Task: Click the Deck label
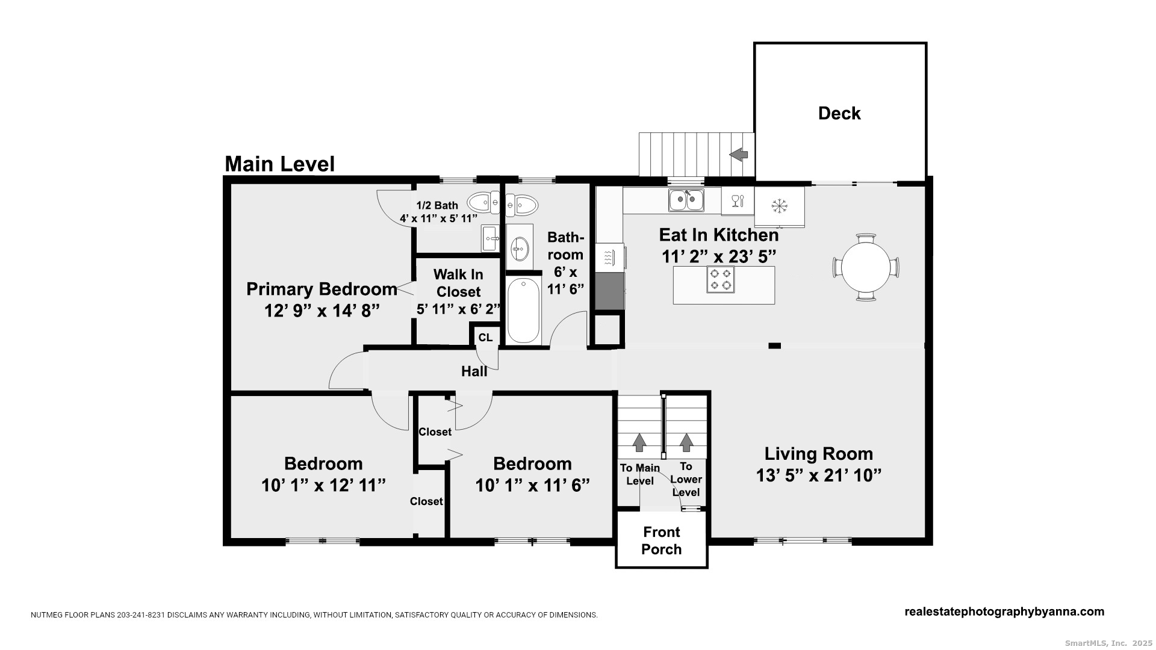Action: [x=839, y=113]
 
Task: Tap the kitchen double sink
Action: [x=686, y=200]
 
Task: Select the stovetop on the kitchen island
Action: [x=720, y=279]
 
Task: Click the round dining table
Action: [x=866, y=267]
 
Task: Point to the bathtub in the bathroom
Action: [x=523, y=311]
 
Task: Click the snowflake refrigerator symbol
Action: [x=780, y=206]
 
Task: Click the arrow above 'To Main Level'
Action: [x=639, y=442]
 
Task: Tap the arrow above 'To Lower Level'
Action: [x=686, y=442]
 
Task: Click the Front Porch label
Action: [x=662, y=540]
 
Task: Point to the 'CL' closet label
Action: [x=485, y=338]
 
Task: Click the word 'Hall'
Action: [x=474, y=371]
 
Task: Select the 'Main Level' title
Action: [x=279, y=164]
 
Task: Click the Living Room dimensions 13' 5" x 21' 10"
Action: [x=819, y=475]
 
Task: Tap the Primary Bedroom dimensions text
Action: [x=322, y=311]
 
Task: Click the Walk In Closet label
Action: [x=458, y=283]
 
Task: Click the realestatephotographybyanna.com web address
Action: [x=1004, y=611]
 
